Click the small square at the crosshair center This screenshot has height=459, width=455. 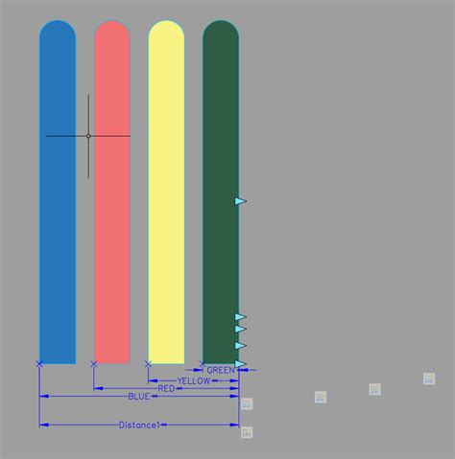(88, 136)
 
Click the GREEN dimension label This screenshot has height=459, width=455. (220, 370)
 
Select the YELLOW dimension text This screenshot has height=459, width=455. (194, 380)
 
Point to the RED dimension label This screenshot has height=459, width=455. (166, 388)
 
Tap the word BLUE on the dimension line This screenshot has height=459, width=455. (139, 396)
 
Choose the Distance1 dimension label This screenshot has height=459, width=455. (139, 425)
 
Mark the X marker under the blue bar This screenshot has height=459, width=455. (39, 364)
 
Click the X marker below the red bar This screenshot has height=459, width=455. (93, 364)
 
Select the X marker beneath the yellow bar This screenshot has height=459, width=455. (148, 364)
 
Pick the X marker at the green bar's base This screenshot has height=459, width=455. (203, 364)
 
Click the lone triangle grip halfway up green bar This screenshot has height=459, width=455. (240, 201)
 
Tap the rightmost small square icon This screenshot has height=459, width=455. (429, 379)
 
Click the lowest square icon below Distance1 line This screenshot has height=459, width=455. (247, 433)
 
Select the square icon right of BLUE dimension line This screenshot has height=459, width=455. (247, 403)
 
